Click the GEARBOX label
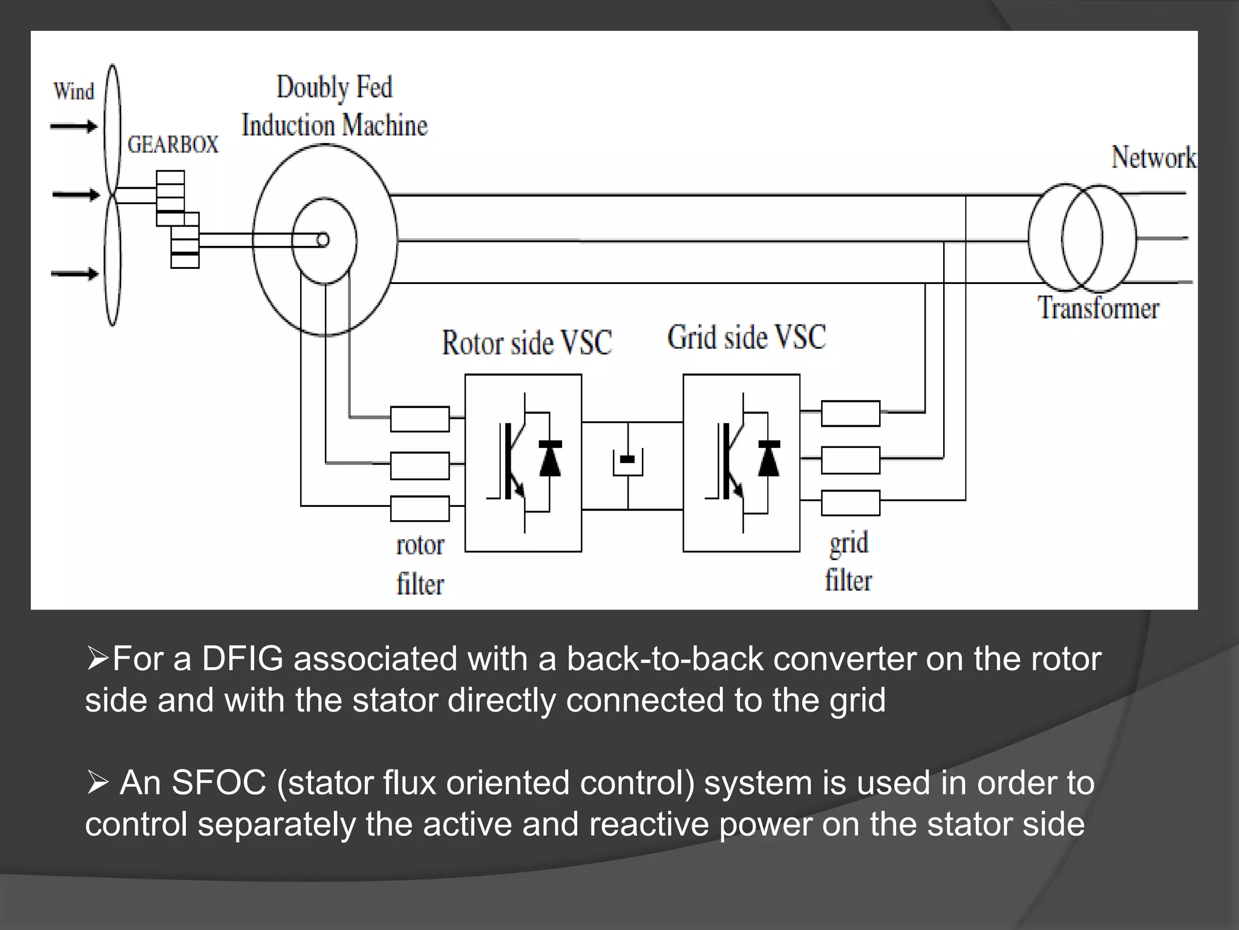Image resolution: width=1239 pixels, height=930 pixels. point(172,145)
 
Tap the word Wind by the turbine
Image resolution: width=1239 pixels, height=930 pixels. point(74,91)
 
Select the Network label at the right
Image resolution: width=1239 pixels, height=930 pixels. point(1153,157)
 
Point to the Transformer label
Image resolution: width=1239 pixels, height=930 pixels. point(1098,308)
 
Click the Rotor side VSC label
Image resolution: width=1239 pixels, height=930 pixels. point(526,343)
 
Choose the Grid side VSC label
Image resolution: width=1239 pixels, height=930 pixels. point(746,337)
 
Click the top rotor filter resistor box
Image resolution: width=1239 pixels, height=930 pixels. point(420,419)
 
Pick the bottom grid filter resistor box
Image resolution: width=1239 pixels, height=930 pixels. point(850,503)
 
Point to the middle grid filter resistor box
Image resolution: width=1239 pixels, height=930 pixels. point(850,460)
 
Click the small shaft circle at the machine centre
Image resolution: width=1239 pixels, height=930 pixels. point(323,240)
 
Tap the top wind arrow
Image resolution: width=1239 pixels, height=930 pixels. point(74,127)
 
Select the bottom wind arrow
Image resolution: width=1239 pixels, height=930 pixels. point(75,274)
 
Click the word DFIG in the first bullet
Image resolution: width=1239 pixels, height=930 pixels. point(242,659)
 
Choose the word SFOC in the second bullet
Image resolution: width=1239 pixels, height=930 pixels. point(219,782)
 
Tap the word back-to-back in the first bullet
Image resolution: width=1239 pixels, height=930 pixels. point(664,659)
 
